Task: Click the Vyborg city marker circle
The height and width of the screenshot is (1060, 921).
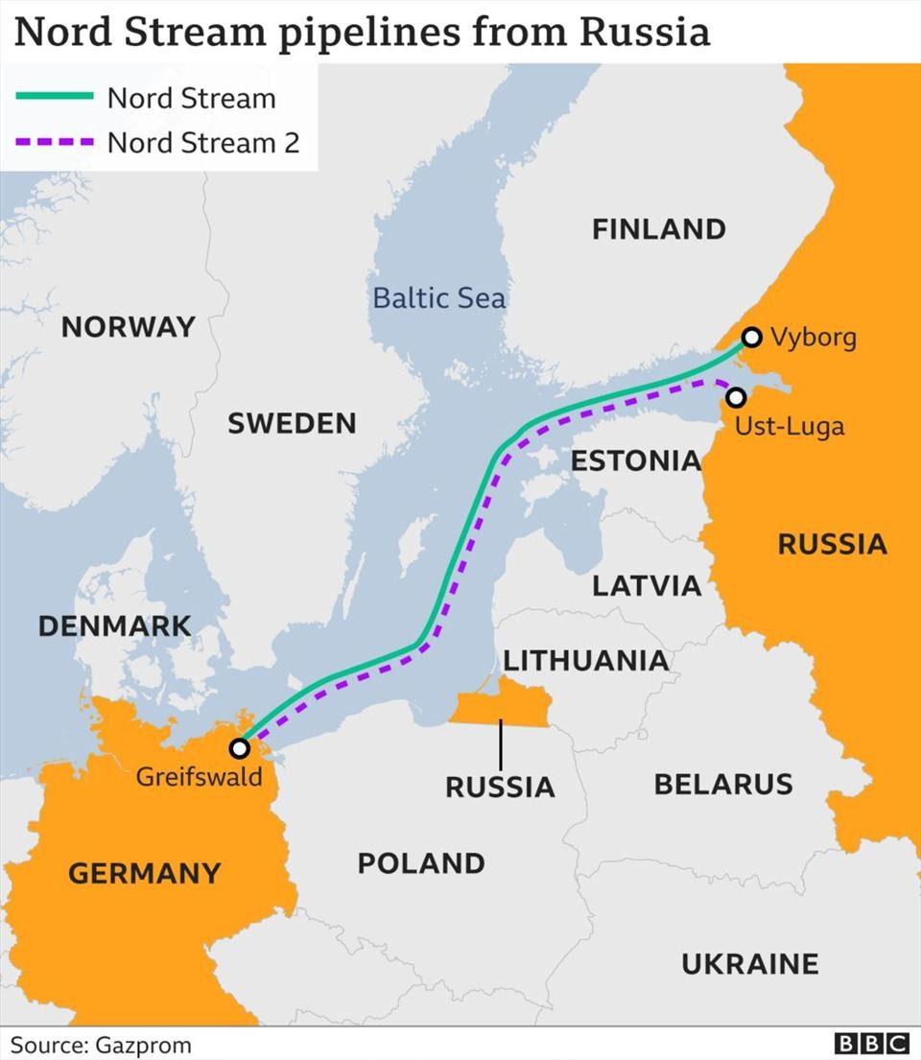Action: point(752,337)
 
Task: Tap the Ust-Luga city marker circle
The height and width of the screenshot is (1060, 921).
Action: point(736,396)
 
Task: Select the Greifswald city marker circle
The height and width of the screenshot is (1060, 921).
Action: point(240,747)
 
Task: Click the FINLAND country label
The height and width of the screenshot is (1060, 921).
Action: point(658,229)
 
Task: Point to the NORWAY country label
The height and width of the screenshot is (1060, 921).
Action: point(128,327)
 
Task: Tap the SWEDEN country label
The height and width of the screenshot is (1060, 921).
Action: point(292,423)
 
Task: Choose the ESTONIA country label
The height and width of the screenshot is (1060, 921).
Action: point(636,460)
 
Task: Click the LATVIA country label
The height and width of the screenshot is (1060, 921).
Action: point(647,585)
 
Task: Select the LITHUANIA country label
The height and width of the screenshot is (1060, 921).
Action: point(586,660)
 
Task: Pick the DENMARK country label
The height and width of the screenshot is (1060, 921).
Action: point(114,625)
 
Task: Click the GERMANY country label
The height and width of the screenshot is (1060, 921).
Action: point(144,873)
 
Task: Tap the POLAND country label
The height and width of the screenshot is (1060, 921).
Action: point(421,862)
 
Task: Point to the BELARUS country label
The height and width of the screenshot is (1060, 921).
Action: point(723,784)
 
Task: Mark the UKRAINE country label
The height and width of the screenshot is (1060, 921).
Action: point(750,963)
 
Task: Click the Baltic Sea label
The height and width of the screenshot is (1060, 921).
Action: point(438,297)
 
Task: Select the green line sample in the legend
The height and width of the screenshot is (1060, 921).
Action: point(54,98)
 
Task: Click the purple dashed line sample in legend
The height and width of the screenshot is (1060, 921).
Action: point(54,143)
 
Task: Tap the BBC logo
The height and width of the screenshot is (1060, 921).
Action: point(871,1044)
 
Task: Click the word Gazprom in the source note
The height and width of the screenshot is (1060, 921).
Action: point(140,1045)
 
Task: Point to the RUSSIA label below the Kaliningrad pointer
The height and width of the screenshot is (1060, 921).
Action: point(500,787)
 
